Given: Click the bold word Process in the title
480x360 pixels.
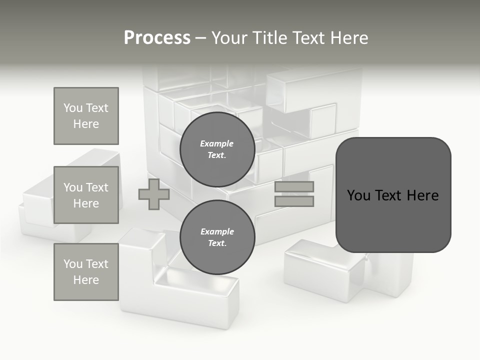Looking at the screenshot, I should point(157,38).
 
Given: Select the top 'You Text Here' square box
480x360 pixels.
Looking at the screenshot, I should point(86,116).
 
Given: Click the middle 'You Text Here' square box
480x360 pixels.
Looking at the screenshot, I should point(86,195).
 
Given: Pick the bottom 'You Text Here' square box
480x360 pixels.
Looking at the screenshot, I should point(86,272).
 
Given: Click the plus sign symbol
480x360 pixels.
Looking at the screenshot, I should point(154,194).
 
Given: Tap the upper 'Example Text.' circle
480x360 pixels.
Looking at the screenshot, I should point(217,149).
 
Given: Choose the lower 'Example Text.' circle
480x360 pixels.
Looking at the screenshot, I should point(217,237).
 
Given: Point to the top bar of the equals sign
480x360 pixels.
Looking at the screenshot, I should point(294,187).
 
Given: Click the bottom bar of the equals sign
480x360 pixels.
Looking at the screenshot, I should point(294,201).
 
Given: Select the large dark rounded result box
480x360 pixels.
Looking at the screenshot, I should point(393,220).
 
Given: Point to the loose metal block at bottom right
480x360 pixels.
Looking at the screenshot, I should point(330,270).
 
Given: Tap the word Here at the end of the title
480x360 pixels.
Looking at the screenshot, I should point(348,38).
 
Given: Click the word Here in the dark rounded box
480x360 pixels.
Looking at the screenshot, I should point(422,195).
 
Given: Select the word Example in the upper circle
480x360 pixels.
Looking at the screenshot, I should point(217,143).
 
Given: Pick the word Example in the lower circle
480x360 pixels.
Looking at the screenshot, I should point(217,231).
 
